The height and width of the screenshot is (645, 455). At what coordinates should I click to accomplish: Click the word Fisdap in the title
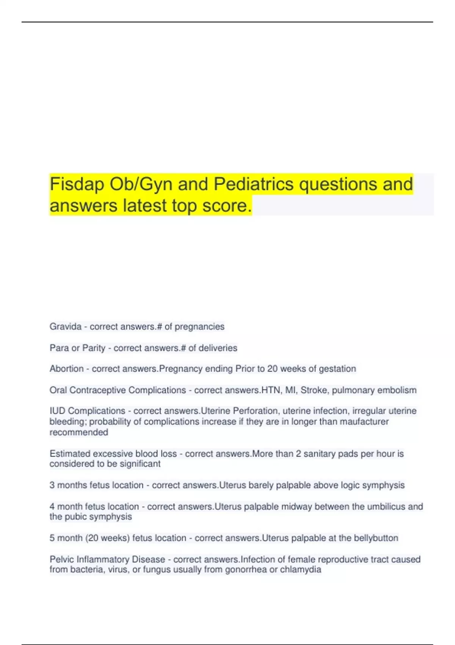tap(77, 184)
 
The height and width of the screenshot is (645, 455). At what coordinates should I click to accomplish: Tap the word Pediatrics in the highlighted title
tap(254, 184)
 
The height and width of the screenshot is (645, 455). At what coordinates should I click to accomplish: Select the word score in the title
tap(227, 206)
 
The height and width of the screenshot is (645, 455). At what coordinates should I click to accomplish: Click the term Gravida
tap(66, 327)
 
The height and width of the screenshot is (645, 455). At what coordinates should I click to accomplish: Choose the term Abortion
tap(66, 369)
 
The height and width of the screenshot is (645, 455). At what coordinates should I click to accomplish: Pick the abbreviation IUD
tap(57, 411)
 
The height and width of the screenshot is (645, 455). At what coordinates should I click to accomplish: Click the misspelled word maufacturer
tap(364, 422)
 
